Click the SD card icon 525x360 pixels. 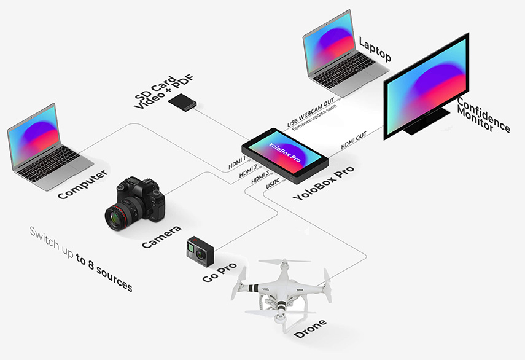[x=182, y=102]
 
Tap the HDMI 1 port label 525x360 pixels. [x=237, y=162]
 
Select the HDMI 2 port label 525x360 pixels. [x=248, y=171]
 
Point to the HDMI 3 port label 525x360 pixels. [x=260, y=177]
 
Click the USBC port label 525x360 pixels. [x=273, y=184]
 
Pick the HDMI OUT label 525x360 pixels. [x=354, y=140]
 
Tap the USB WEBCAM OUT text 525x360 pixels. [x=310, y=112]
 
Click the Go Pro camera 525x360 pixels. [x=200, y=251]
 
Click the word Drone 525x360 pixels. [x=310, y=329]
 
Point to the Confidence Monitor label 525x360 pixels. [x=483, y=115]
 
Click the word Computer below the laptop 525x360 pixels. [x=83, y=184]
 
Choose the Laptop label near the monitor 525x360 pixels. [x=375, y=49]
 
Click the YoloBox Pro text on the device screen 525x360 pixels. [x=284, y=152]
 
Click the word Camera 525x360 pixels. [x=161, y=237]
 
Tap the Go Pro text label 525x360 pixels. [x=220, y=272]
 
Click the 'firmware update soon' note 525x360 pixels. [x=315, y=117]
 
